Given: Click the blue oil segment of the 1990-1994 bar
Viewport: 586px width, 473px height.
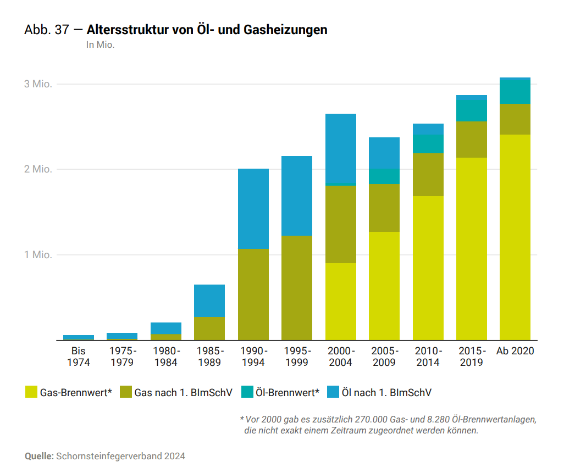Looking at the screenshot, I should coord(253,209).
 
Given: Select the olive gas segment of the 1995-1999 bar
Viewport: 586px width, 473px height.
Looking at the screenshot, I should coord(297,288).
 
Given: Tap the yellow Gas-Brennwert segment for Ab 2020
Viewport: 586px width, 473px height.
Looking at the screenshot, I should coord(515,237).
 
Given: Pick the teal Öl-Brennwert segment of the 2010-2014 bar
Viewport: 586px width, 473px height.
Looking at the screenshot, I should coord(428,144).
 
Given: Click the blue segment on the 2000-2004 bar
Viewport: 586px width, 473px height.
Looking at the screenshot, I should coord(340,148).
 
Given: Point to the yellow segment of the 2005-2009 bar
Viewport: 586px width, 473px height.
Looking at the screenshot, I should coord(384,286).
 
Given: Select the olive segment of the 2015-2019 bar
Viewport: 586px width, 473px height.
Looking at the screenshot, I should coord(471,140).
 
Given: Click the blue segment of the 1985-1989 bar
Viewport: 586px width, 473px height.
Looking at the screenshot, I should coord(209,301).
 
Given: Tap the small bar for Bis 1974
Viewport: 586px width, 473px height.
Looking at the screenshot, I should coord(79,337).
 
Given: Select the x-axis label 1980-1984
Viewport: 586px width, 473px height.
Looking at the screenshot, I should coord(166,357).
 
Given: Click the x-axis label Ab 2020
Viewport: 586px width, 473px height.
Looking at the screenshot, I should coord(515,351).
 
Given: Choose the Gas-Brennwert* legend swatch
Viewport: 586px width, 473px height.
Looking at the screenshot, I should coord(31,392).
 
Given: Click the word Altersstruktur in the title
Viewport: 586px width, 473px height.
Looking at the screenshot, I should coord(121,30).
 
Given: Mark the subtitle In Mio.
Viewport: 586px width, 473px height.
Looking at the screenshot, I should coord(100,45).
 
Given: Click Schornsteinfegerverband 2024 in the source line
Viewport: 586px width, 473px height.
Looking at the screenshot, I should coord(120,456).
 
